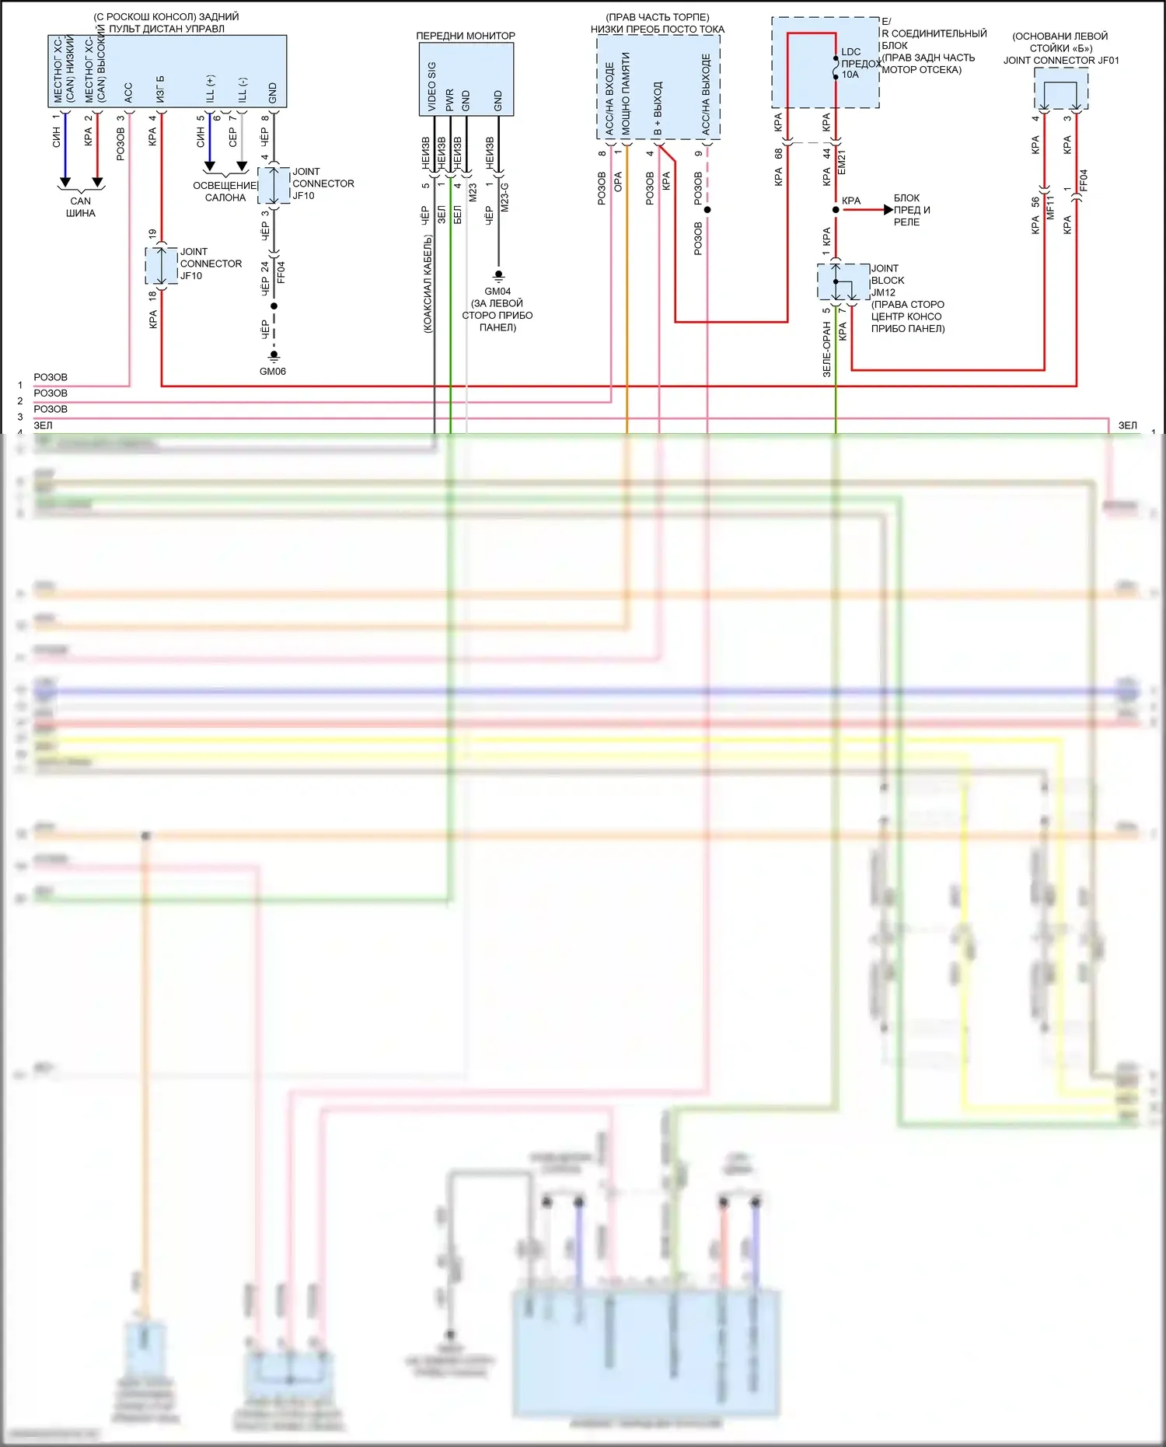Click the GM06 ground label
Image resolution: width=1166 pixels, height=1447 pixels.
tap(273, 372)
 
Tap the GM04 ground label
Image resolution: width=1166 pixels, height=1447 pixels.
tap(497, 292)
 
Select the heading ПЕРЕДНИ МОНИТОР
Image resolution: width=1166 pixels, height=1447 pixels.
tap(466, 36)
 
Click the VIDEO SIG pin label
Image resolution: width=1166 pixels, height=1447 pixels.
tap(432, 86)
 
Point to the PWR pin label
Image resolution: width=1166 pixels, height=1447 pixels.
tap(449, 100)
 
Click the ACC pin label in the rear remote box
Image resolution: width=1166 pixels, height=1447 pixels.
tap(128, 93)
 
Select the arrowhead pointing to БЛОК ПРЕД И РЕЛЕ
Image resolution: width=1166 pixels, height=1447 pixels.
tap(888, 210)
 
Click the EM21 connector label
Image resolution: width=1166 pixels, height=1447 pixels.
tap(842, 163)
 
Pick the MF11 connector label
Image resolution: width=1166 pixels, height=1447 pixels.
tap(1050, 207)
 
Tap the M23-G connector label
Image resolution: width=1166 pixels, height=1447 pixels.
tap(504, 197)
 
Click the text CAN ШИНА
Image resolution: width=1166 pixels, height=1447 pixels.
tap(81, 207)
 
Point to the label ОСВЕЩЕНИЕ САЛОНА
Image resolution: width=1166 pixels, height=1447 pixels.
tap(225, 191)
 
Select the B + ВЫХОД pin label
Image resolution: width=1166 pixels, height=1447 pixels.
tap(658, 109)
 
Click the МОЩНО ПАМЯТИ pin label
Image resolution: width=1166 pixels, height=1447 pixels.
tap(626, 93)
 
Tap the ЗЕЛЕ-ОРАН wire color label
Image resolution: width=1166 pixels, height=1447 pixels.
tap(827, 350)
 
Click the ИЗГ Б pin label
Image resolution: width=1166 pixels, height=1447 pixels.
tap(161, 89)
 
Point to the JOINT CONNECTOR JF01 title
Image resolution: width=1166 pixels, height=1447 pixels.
tap(1061, 61)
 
